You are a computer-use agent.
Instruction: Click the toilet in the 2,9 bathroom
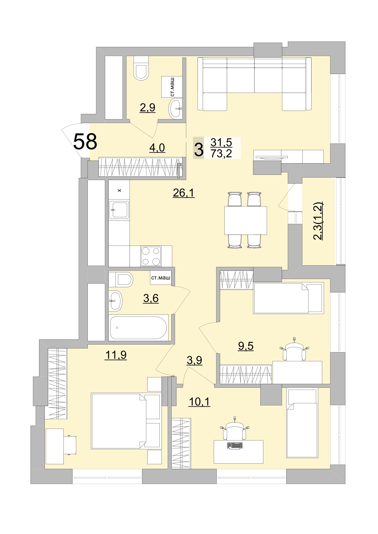point(141,69)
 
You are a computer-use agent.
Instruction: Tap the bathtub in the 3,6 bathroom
point(138,328)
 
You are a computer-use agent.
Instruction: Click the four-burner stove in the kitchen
point(151,256)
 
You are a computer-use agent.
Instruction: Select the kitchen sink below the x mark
point(119,210)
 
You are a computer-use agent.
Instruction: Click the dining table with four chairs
point(245,220)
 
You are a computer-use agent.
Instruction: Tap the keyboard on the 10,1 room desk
point(235,445)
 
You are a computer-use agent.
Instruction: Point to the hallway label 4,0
point(157,148)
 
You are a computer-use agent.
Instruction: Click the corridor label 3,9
point(194,360)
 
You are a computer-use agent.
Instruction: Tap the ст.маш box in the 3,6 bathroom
point(161,278)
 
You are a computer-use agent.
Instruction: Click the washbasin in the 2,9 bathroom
point(175,108)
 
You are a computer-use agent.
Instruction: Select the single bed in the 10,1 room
point(301,423)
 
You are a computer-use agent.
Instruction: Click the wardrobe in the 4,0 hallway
point(140,167)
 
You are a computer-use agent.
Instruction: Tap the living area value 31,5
point(221,142)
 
